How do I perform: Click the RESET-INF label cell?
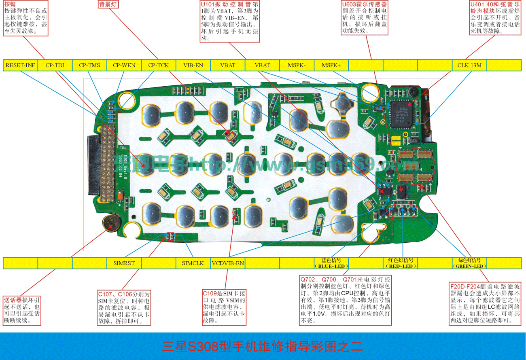[x=20, y=65]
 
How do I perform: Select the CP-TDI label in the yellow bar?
[x=55, y=65]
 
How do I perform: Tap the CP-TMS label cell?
[x=89, y=65]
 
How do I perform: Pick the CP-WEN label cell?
[x=124, y=65]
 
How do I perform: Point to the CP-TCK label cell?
[x=159, y=65]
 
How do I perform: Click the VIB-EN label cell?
[x=193, y=65]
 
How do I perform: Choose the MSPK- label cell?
[x=297, y=65]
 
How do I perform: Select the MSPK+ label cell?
[x=331, y=65]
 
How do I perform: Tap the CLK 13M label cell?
[x=469, y=65]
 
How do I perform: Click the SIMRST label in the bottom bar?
[x=124, y=263]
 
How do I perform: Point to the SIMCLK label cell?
[x=193, y=263]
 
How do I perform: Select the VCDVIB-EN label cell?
[x=228, y=263]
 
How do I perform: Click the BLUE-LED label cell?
[x=331, y=263]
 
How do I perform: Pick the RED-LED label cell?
[x=400, y=263]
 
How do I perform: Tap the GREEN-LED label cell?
[x=469, y=263]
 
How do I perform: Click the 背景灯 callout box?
[x=108, y=4]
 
